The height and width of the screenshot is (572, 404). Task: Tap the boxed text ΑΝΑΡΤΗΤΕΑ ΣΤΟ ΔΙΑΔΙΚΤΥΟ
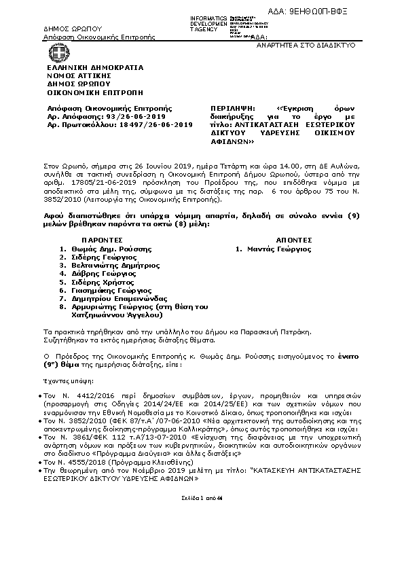click(x=306, y=44)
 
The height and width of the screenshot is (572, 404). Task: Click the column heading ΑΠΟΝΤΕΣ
click(x=294, y=240)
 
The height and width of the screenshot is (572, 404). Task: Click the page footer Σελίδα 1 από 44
click(x=201, y=497)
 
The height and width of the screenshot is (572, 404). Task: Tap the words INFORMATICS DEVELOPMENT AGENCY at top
click(x=209, y=23)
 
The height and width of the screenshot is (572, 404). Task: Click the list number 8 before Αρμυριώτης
click(x=62, y=306)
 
